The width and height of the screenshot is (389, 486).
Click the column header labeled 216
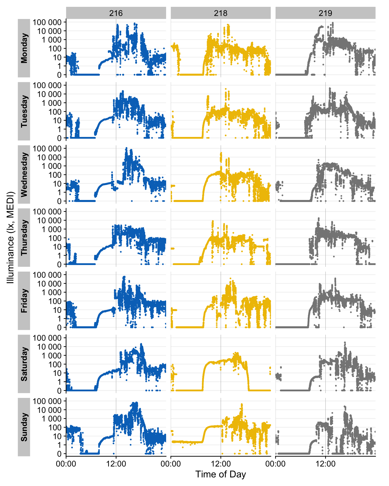[116, 13]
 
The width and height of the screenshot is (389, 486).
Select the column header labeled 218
[221, 13]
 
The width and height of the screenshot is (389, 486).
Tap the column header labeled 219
[325, 13]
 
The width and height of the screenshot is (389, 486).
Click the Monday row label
[24, 48]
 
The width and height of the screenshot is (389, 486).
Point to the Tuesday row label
[24, 111]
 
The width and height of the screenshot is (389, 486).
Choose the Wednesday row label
[24, 174]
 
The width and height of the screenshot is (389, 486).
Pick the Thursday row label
[24, 237]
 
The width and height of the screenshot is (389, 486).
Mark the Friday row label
[24, 301]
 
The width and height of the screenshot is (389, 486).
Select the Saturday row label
[24, 364]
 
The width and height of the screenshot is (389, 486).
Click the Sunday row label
[24, 427]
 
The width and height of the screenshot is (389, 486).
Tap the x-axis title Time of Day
[221, 474]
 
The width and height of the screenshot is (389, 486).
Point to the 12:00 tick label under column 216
[116, 464]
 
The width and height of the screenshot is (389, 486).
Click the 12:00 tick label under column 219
[325, 464]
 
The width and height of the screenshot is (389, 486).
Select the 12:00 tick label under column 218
[221, 464]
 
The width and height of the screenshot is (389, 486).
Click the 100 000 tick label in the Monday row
[47, 22]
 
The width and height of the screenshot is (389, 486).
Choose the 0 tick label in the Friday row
[59, 327]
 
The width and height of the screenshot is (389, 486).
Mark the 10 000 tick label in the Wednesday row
[49, 157]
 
